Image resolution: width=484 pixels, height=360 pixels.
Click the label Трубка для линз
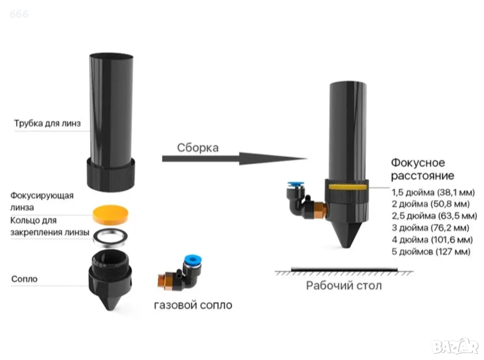coord(47,123)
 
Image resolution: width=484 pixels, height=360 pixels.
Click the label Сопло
coord(24,279)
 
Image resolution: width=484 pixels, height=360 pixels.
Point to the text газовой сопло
coord(193,305)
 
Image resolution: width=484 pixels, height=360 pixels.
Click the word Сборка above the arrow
coord(198,147)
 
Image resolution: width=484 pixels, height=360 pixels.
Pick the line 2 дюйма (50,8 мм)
coord(431,204)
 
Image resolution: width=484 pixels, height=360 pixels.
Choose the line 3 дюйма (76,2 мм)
coord(431,228)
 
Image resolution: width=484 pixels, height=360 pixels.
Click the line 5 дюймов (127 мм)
coord(431,252)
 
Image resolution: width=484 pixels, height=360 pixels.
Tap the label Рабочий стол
coord(344,285)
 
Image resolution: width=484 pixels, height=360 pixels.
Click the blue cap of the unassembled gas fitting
coord(192,259)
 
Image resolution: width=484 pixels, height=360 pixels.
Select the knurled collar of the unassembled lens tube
coord(111,174)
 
